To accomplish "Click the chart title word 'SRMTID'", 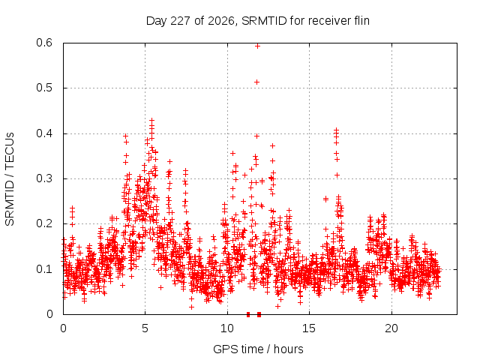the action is click(x=264, y=21).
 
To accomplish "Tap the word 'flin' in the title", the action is click(x=361, y=20).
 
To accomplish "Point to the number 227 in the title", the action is click(x=181, y=21).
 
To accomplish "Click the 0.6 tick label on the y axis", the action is click(x=44, y=43).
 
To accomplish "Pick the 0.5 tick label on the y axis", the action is click(x=44, y=88).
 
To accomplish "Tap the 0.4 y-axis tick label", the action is click(x=44, y=133).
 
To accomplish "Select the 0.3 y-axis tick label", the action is click(x=44, y=178).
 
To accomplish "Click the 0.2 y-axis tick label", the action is click(x=44, y=223).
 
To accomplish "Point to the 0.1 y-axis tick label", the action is click(x=44, y=269).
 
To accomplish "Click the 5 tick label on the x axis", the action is click(x=145, y=328).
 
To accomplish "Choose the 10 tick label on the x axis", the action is click(x=227, y=328).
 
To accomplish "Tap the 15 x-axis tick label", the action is click(x=309, y=328).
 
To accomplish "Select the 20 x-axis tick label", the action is click(x=391, y=328).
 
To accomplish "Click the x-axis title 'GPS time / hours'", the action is click(x=258, y=349).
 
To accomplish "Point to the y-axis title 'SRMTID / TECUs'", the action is click(x=10, y=179).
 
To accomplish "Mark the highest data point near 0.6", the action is click(x=257, y=46).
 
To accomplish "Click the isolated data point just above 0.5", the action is click(x=257, y=82).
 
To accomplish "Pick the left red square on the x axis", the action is click(x=248, y=314).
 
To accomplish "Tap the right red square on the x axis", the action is click(x=259, y=314).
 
